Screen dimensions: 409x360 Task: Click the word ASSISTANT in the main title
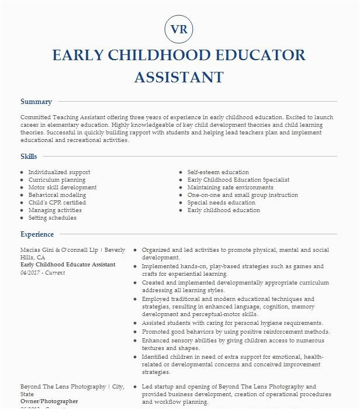(x=179, y=77)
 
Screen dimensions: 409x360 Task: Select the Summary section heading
(x=36, y=102)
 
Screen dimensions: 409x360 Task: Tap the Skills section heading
(x=29, y=157)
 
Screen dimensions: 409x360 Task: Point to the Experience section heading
(x=37, y=234)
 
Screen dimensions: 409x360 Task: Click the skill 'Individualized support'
(x=59, y=172)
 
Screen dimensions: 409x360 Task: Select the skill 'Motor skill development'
(x=63, y=188)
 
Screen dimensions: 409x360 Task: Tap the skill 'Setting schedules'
(x=53, y=218)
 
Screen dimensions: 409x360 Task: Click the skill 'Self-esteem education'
(x=218, y=172)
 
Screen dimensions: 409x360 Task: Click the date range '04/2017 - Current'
(x=43, y=272)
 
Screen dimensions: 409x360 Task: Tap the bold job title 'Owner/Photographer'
(x=49, y=401)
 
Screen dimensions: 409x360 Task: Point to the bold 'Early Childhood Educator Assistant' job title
(x=68, y=265)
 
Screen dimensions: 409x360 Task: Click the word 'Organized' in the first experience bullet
(x=157, y=249)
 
